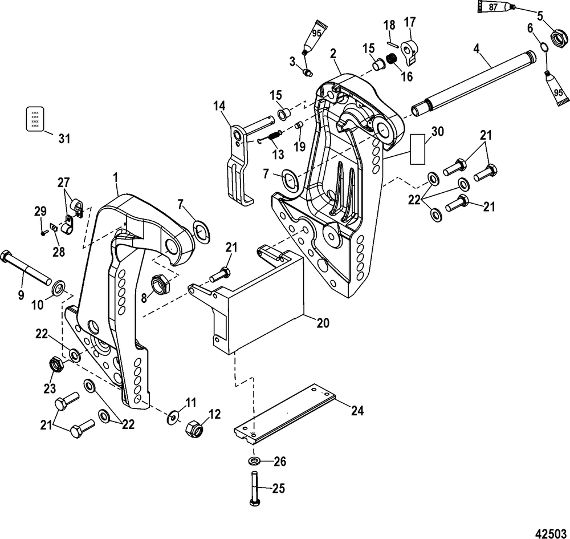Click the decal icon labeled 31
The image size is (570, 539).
35,119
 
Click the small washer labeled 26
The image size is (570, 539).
254,461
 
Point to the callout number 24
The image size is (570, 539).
357,411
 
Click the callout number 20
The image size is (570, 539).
322,322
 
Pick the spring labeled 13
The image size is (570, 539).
276,135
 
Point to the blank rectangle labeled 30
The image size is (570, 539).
418,149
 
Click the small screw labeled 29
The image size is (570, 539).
44,233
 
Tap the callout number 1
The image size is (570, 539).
116,178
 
